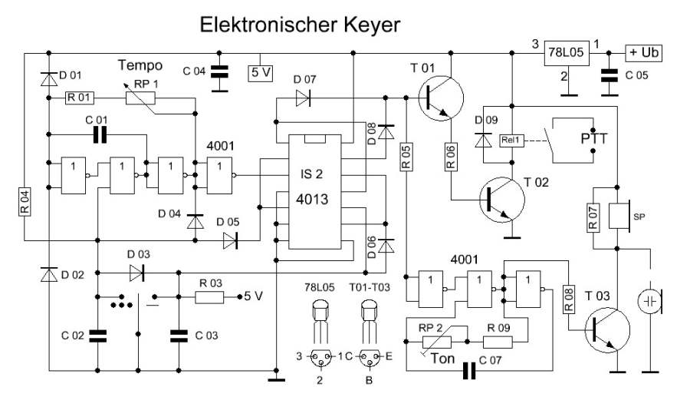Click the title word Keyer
click(x=363, y=25)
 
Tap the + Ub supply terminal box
click(x=645, y=53)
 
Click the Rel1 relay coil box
click(x=510, y=141)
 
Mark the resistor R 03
click(x=207, y=297)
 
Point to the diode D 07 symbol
click(x=304, y=98)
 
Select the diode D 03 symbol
click(x=137, y=272)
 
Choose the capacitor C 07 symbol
click(x=470, y=372)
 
